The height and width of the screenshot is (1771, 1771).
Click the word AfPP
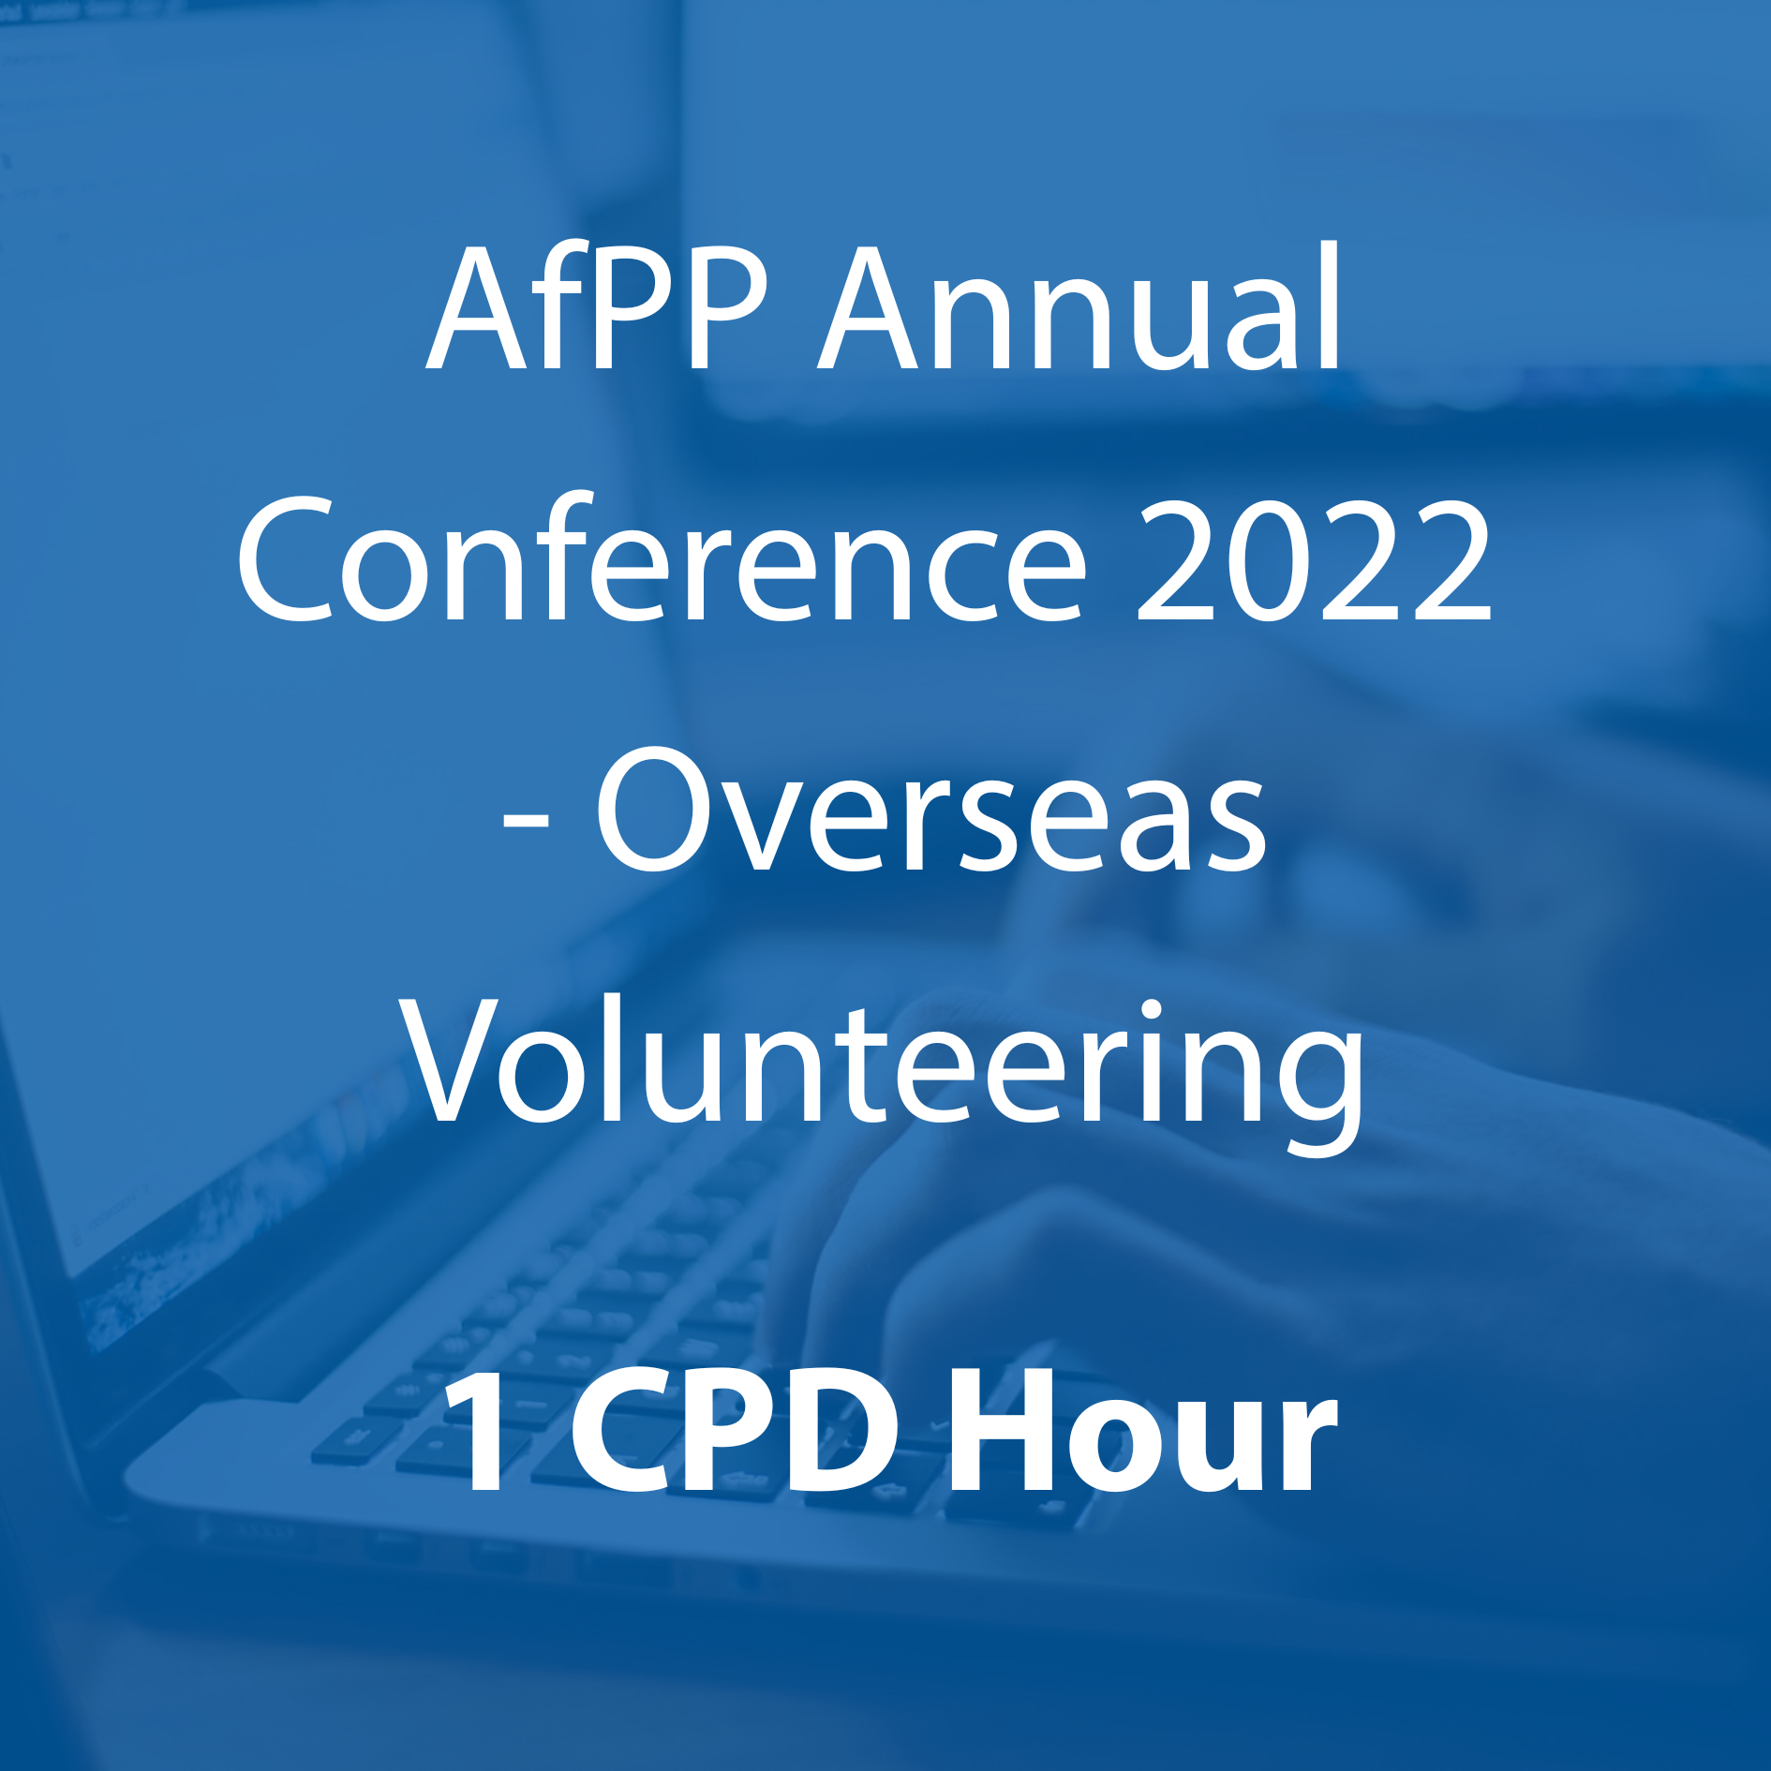pyautogui.click(x=598, y=307)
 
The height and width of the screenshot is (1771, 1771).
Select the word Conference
pyautogui.click(x=662, y=558)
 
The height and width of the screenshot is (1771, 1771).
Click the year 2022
pyautogui.click(x=1314, y=560)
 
